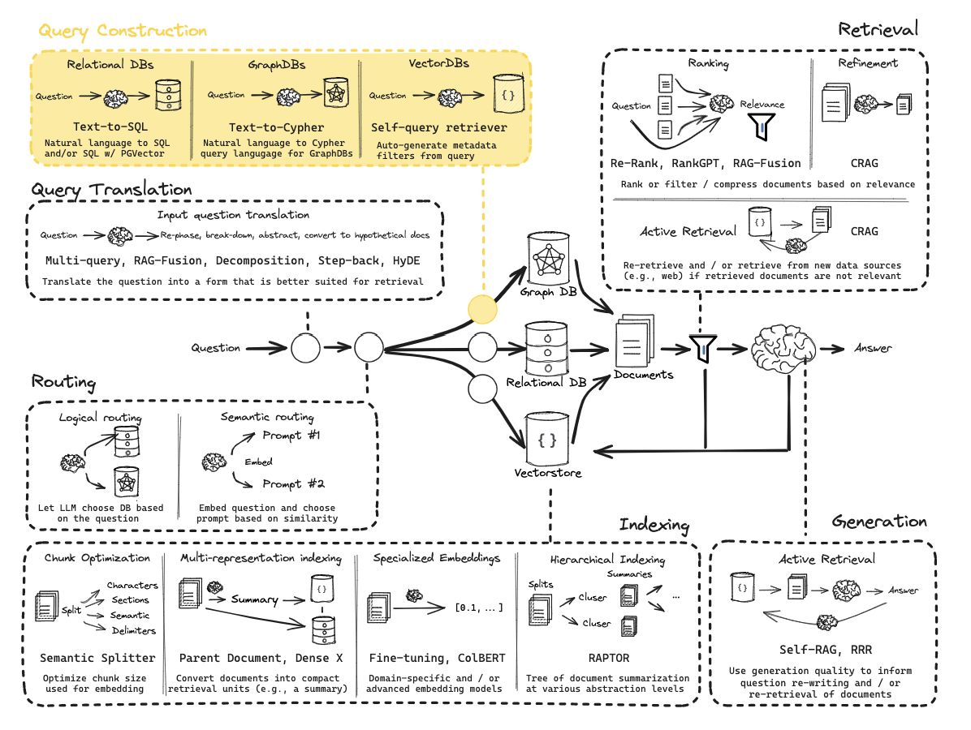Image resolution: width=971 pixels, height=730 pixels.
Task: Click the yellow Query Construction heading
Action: (123, 31)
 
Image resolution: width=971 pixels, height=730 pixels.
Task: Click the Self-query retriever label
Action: (438, 127)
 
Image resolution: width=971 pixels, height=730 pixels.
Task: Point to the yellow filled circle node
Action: (482, 309)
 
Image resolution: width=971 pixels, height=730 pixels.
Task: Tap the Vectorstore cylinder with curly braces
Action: (548, 440)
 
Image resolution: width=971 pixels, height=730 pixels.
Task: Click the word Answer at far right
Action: (873, 348)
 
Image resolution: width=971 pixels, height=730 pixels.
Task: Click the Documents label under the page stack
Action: (643, 375)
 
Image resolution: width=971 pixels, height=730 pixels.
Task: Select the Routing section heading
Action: (63, 382)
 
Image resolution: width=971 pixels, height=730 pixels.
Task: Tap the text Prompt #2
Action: (292, 484)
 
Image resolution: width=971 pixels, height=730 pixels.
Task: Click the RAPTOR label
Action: (608, 658)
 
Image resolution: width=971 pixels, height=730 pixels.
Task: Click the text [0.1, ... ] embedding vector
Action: (478, 608)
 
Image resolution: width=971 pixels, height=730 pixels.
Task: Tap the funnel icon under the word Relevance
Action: (760, 123)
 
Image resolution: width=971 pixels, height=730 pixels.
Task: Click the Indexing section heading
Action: (654, 525)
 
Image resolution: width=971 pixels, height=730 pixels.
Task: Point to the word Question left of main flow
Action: (216, 348)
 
